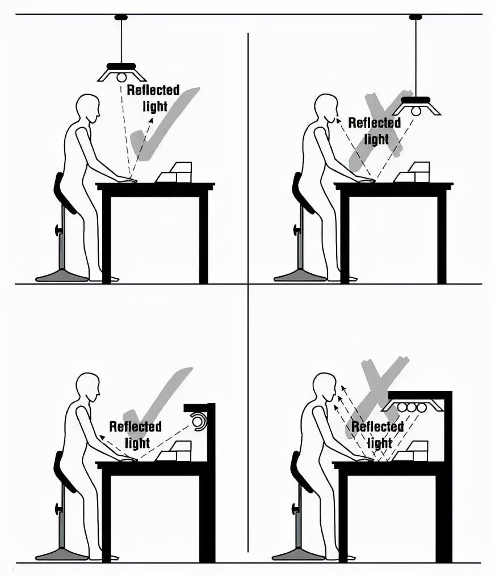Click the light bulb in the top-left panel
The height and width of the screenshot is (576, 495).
pos(121,78)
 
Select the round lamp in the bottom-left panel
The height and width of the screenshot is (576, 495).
pos(199,421)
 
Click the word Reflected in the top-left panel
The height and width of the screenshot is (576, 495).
pos(153,90)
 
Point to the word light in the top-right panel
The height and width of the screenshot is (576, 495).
pos(376,139)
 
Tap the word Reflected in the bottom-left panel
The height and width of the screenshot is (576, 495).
pos(135,426)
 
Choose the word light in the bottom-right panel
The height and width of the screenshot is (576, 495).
pos(380,443)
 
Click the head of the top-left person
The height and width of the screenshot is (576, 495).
pos(88,108)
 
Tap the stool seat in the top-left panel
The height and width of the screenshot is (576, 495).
pos(64,193)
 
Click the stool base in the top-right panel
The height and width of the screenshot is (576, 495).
pos(300,276)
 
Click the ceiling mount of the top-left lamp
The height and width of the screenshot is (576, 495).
pos(121,17)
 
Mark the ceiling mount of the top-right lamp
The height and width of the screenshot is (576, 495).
pos(416,17)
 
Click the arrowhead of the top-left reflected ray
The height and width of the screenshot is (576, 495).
pos(151,120)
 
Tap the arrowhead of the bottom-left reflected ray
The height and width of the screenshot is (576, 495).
pos(101,437)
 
